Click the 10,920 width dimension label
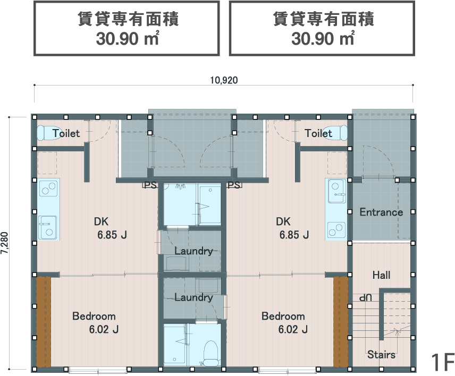(x=224, y=80)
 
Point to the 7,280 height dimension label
(x=5, y=243)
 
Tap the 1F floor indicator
(x=442, y=362)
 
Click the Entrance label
(x=381, y=212)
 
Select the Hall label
(x=381, y=275)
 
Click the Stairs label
(x=381, y=354)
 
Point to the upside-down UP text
(x=365, y=298)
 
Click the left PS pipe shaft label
(x=150, y=185)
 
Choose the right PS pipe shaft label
(x=234, y=185)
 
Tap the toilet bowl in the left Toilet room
(x=48, y=133)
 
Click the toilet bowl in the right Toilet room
(x=336, y=133)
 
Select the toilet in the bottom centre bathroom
(x=210, y=353)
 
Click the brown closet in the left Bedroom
(x=44, y=322)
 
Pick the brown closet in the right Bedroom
(x=341, y=322)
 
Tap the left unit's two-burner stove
(x=49, y=188)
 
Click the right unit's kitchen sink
(x=337, y=191)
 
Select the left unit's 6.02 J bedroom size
(x=104, y=329)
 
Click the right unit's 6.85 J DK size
(x=294, y=235)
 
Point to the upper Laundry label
(x=193, y=251)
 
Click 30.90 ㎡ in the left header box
(x=128, y=39)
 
